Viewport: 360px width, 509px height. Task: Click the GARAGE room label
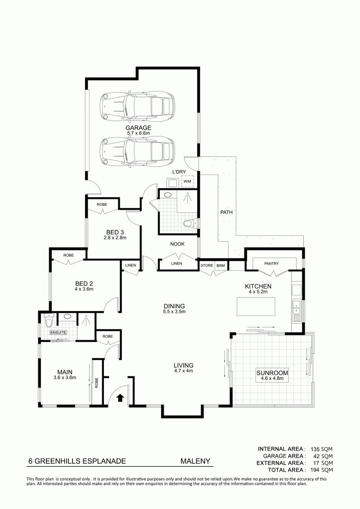tap(139, 127)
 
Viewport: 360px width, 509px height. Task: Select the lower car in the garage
tap(137, 152)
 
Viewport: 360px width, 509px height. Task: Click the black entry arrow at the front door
tap(120, 398)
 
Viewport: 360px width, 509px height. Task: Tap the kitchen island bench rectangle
tap(256, 306)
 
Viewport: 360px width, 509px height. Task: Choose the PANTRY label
tap(271, 264)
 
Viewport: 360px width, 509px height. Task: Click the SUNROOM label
tap(272, 373)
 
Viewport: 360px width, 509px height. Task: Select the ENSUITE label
tap(58, 333)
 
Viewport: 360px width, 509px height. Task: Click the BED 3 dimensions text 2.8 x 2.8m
tap(115, 238)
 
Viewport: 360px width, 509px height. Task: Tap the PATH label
tap(226, 212)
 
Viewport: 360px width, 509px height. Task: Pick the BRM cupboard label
tap(220, 266)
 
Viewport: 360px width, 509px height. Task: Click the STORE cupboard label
tap(207, 266)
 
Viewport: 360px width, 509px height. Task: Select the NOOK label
tap(177, 244)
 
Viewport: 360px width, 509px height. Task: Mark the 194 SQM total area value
tap(322, 470)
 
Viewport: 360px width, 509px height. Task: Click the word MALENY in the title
tap(195, 461)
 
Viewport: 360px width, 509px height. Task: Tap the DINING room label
tap(174, 306)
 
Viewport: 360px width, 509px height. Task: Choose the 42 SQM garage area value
tap(324, 456)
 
